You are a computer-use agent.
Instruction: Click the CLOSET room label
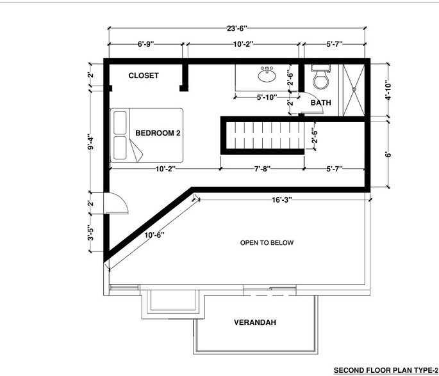(143, 75)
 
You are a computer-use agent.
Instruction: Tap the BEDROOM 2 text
(157, 133)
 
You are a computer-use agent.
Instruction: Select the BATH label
(321, 102)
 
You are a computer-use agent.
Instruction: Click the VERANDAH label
(254, 322)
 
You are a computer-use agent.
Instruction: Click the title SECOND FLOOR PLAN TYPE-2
(385, 370)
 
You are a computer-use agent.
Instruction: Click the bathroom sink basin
(267, 75)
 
